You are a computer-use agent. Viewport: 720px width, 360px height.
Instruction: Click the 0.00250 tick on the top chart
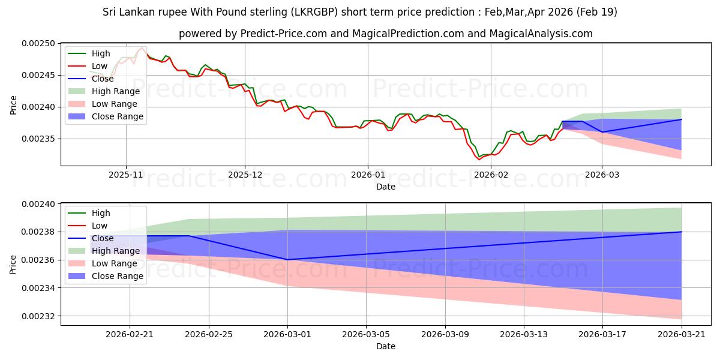[x=38, y=43]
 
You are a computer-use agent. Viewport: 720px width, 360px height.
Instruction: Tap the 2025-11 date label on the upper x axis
[x=125, y=175]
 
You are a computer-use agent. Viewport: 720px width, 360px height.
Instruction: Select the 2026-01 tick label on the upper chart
[x=368, y=175]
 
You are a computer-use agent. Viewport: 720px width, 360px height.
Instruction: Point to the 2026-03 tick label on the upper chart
[x=602, y=175]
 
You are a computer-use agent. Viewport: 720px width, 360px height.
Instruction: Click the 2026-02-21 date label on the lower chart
[x=130, y=335]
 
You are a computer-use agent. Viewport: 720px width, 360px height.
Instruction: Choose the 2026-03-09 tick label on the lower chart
[x=445, y=335]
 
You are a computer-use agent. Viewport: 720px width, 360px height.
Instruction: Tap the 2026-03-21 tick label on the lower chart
[x=682, y=335]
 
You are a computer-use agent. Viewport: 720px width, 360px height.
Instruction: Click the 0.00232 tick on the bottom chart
[x=38, y=316]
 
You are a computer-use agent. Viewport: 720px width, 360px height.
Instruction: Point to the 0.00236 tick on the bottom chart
[x=38, y=260]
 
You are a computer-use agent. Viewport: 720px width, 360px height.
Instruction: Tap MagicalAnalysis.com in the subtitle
[x=541, y=34]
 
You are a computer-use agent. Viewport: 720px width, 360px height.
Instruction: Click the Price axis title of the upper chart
[x=13, y=105]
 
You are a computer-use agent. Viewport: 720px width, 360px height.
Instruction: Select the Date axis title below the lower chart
[x=386, y=347]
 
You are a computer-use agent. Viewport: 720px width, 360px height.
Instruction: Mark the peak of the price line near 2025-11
[x=142, y=47]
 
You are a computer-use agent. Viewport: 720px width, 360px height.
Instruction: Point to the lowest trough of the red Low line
[x=479, y=160]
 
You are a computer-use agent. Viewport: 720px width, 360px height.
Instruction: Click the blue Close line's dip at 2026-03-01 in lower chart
[x=287, y=260]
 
